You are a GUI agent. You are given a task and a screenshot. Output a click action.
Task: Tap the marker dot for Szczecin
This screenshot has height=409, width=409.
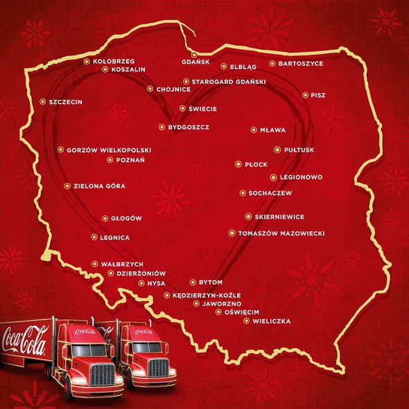tap(43, 101)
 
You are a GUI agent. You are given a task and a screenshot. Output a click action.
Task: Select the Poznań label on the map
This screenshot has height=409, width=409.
tap(130, 160)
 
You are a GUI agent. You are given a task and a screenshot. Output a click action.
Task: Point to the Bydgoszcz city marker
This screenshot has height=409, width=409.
tap(162, 127)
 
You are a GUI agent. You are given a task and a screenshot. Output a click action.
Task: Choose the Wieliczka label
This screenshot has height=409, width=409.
tap(272, 322)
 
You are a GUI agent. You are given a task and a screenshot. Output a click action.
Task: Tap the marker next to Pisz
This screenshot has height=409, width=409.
tap(305, 95)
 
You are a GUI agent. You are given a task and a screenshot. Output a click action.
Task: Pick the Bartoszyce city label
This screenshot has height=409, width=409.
tap(301, 64)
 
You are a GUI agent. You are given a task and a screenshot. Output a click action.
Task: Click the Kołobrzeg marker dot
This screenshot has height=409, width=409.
tap(87, 61)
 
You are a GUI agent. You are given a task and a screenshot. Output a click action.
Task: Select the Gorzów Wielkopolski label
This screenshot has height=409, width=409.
tap(109, 150)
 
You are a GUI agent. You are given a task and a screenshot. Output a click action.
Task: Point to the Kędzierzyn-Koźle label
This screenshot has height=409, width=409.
tap(200, 295)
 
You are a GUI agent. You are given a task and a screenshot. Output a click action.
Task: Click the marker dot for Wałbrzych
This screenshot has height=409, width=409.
tap(95, 263)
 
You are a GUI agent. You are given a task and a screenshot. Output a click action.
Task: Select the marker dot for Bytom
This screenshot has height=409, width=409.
tap(193, 282)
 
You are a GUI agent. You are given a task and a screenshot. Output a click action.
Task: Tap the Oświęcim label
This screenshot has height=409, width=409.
tap(242, 313)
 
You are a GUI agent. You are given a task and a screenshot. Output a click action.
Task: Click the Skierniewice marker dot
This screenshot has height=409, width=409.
tap(247, 216)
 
